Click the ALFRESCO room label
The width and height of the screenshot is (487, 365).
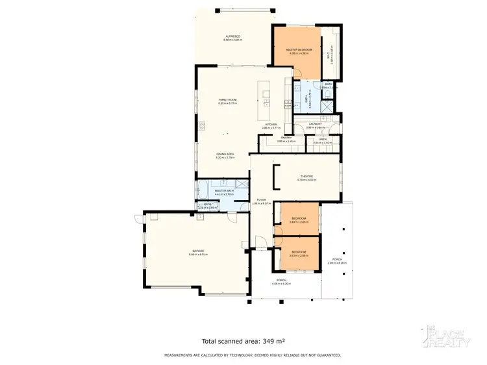pyautogui.click(x=233, y=36)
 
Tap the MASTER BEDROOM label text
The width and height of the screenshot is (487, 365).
pyautogui.click(x=299, y=50)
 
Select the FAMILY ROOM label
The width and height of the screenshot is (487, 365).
pyautogui.click(x=227, y=100)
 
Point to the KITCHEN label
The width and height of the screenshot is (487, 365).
pyautogui.click(x=271, y=124)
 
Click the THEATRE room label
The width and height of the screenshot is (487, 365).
pyautogui.click(x=306, y=176)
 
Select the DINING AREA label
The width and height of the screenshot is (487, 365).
pyautogui.click(x=225, y=154)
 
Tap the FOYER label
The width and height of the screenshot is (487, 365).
pyautogui.click(x=261, y=200)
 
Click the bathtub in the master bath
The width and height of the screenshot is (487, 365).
pyautogui.click(x=204, y=190)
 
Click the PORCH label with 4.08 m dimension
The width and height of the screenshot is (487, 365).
pyautogui.click(x=281, y=281)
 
